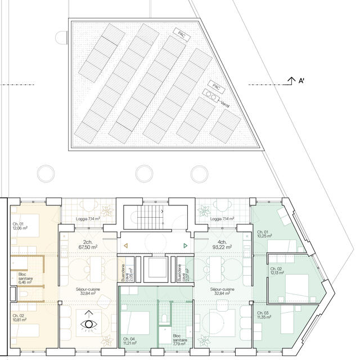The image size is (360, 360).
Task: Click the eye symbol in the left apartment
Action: click(x=88, y=324)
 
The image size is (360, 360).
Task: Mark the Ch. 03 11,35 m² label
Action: click(x=264, y=315)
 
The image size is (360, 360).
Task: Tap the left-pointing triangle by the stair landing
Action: click(x=126, y=246)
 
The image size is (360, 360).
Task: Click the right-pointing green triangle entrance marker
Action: click(x=186, y=246)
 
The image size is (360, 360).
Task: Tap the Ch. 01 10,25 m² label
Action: click(x=264, y=234)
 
